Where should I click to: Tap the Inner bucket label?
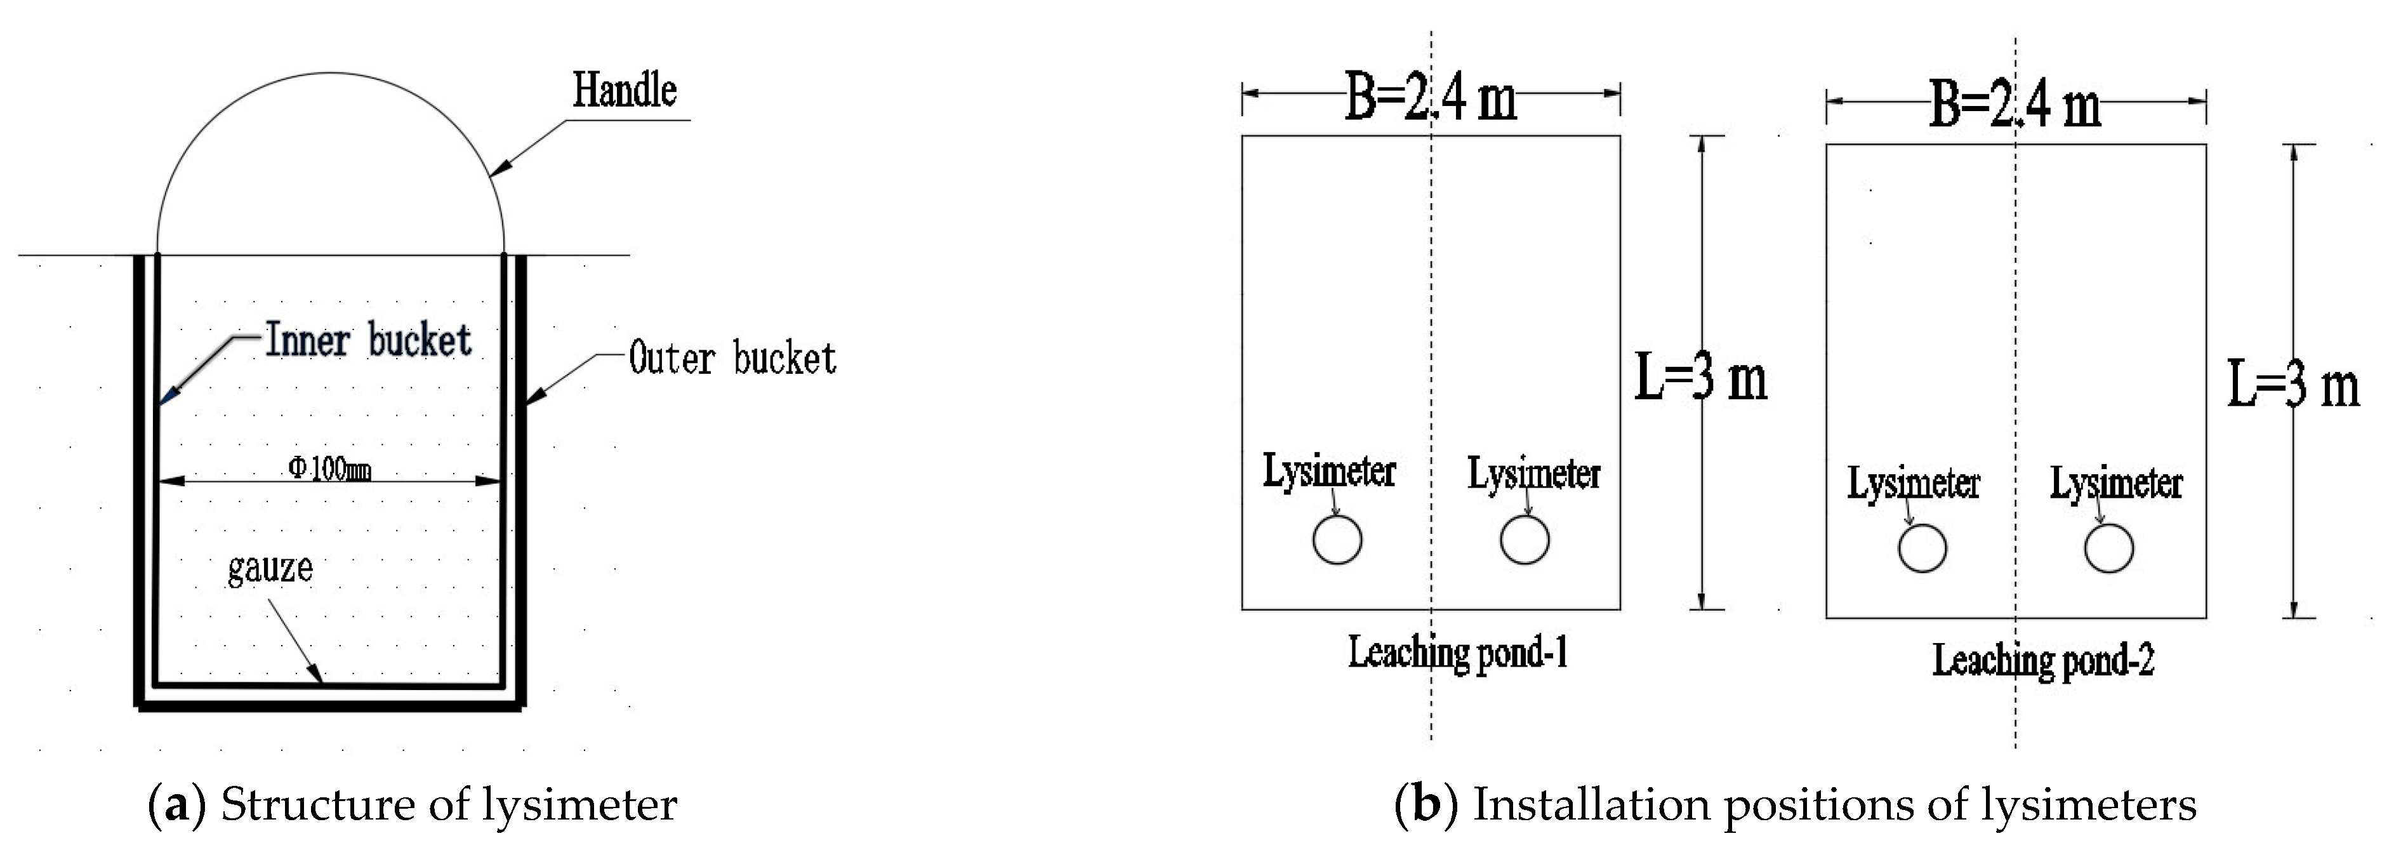point(368,340)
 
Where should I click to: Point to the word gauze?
point(270,567)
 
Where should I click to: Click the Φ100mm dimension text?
point(330,469)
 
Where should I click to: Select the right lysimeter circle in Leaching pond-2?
point(2108,548)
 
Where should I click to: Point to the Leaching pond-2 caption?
point(2042,660)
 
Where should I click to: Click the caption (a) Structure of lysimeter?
point(413,804)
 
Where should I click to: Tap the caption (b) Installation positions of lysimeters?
point(1794,804)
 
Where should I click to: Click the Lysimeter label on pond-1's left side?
point(1329,471)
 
